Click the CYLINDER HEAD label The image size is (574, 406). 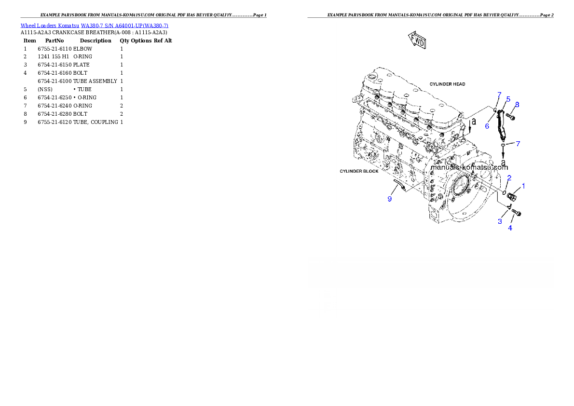pyautogui.click(x=447, y=84)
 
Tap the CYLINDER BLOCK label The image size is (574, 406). pyautogui.click(x=359, y=171)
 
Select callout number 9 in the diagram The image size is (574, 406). pyautogui.click(x=390, y=199)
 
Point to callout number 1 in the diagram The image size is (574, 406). pyautogui.click(x=523, y=186)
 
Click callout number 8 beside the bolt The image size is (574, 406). pyautogui.click(x=517, y=105)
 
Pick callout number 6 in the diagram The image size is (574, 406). pyautogui.click(x=487, y=126)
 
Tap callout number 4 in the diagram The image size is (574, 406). pyautogui.click(x=510, y=228)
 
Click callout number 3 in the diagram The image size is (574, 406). pyautogui.click(x=500, y=221)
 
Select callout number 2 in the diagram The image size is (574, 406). pyautogui.click(x=509, y=178)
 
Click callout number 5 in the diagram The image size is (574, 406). pyautogui.click(x=508, y=99)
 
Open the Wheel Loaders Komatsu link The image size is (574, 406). pyautogui.click(x=50, y=26)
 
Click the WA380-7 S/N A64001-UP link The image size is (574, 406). pyautogui.click(x=124, y=26)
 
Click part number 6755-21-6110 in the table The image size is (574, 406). pyautogui.click(x=55, y=49)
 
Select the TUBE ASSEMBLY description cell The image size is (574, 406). pyautogui.click(x=95, y=81)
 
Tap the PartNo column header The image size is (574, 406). pyautogui.click(x=55, y=41)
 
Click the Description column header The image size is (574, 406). pyautogui.click(x=96, y=41)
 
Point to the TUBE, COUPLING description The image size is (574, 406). pyautogui.click(x=96, y=122)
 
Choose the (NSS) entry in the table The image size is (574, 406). pyautogui.click(x=45, y=89)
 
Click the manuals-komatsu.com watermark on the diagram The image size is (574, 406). pyautogui.click(x=469, y=167)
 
